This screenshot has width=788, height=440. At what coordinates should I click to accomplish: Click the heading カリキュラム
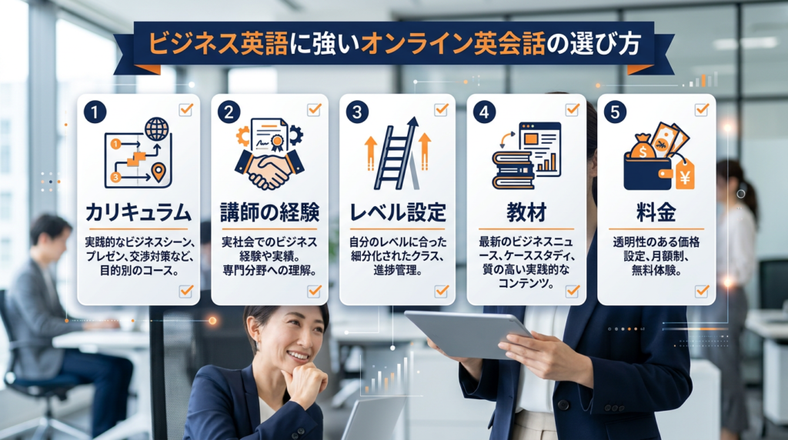point(138,211)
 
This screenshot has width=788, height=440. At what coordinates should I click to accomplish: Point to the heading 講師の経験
point(269,211)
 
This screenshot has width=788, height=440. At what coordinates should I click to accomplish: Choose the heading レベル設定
point(397,211)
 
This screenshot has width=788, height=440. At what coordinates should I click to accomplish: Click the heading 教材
point(525,211)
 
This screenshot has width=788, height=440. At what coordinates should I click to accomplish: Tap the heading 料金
point(656,211)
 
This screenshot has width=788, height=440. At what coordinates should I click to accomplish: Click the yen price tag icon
point(683,175)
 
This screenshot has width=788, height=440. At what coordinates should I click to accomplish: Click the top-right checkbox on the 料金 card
point(701,109)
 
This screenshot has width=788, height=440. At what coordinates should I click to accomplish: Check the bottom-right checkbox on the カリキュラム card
point(185,291)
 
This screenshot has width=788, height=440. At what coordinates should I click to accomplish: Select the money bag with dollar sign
point(642,146)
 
